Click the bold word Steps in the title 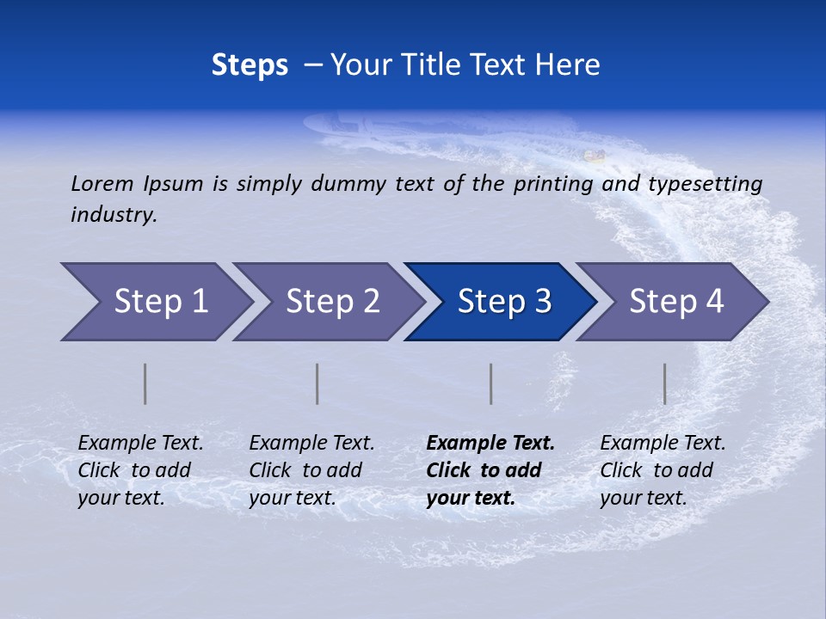pyautogui.click(x=250, y=65)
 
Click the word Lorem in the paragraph pyautogui.click(x=102, y=184)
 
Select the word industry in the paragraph pyautogui.click(x=114, y=215)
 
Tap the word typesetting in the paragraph pyautogui.click(x=706, y=184)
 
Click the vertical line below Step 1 pyautogui.click(x=145, y=383)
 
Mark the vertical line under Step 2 pyautogui.click(x=317, y=383)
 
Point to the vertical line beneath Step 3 pyautogui.click(x=491, y=383)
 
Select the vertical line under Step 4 pyautogui.click(x=665, y=383)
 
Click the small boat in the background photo pyautogui.click(x=594, y=156)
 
